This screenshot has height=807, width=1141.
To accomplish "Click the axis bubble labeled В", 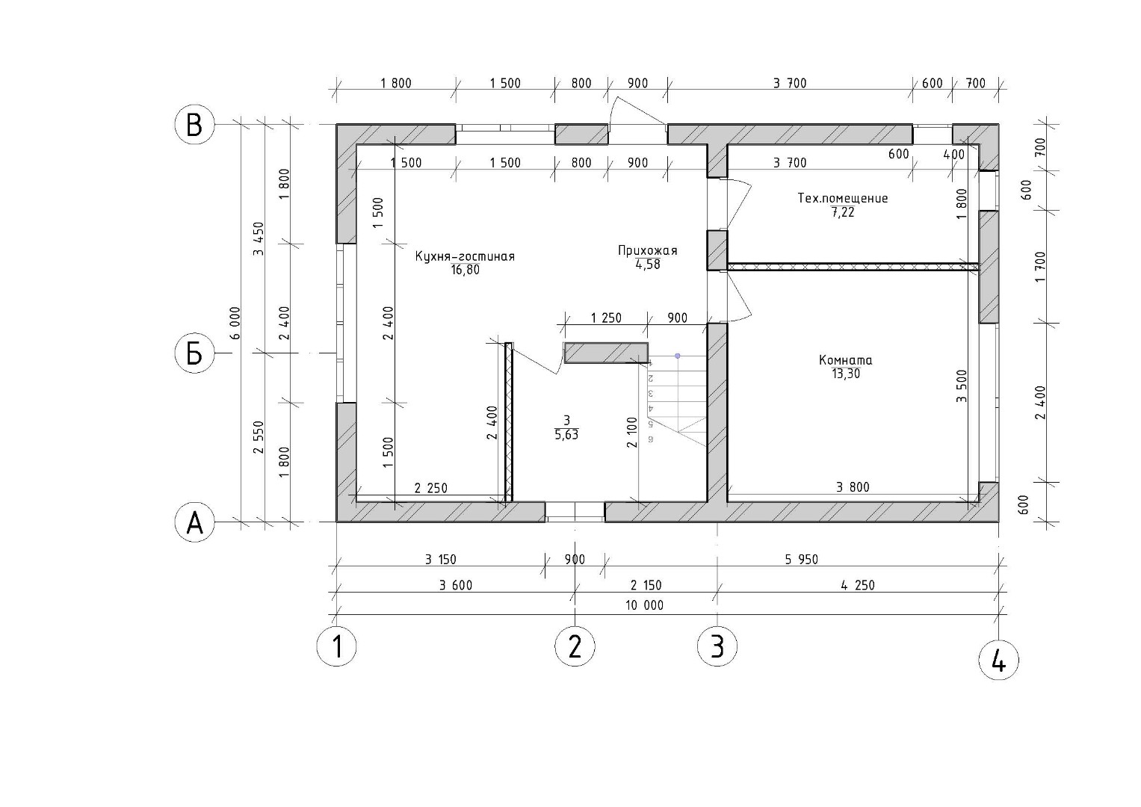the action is point(194,125).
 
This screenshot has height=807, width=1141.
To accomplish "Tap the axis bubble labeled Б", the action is point(194,353).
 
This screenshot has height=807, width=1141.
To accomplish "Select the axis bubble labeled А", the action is point(194,522).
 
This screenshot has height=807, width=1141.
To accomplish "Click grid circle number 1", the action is point(337,646).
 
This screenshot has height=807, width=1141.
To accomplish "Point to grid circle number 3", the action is point(717,646).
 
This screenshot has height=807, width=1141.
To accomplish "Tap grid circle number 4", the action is point(999,661).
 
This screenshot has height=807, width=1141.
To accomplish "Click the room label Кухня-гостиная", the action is point(465,256).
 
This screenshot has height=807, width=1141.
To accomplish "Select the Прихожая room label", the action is point(647,250).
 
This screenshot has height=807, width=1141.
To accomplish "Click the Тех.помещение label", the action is point(843,198).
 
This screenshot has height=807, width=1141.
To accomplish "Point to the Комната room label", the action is point(846,360).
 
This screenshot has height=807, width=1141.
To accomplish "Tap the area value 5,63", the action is point(566,435).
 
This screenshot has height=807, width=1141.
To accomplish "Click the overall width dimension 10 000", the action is point(644,605).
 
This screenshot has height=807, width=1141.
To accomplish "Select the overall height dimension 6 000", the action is point(235,323).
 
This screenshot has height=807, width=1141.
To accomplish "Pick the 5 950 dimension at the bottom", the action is point(801,560).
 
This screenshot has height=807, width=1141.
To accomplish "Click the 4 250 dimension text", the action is point(858,585).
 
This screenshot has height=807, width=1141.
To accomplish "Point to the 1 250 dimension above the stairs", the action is point(606,318).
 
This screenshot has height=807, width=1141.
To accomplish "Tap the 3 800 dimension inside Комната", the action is point(853,487).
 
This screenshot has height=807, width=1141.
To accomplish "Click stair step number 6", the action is point(651,439).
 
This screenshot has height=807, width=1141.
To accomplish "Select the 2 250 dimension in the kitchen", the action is point(431,488).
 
